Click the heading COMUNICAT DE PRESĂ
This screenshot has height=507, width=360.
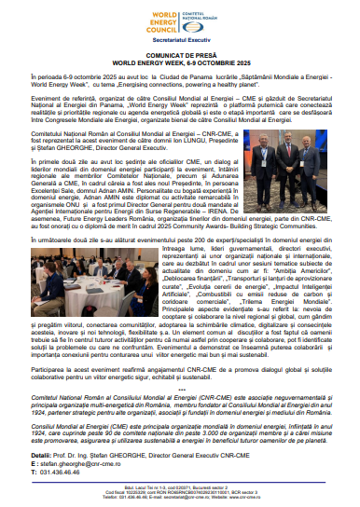click(180, 56)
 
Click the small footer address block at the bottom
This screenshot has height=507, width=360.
click(180, 495)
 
